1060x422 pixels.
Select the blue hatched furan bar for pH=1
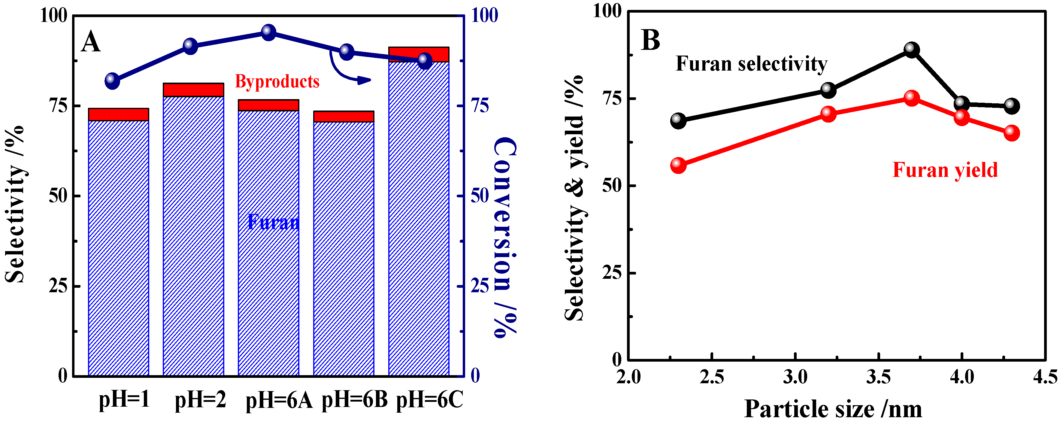pyautogui.click(x=119, y=247)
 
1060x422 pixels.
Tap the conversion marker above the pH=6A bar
pyautogui.click(x=269, y=32)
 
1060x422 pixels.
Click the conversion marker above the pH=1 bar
pyautogui.click(x=112, y=80)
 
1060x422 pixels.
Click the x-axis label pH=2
pyautogui.click(x=200, y=399)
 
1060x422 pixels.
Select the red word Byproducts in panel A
pyautogui.click(x=277, y=81)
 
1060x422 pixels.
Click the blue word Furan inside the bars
pyautogui.click(x=273, y=222)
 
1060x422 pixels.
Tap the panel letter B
pyautogui.click(x=651, y=40)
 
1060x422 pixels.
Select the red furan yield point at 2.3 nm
pyautogui.click(x=678, y=165)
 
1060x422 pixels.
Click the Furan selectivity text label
pyautogui.click(x=751, y=64)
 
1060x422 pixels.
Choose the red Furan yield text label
pyautogui.click(x=945, y=170)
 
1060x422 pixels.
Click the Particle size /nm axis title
pyautogui.click(x=833, y=409)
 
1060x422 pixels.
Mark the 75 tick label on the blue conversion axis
pyautogui.click(x=480, y=106)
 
